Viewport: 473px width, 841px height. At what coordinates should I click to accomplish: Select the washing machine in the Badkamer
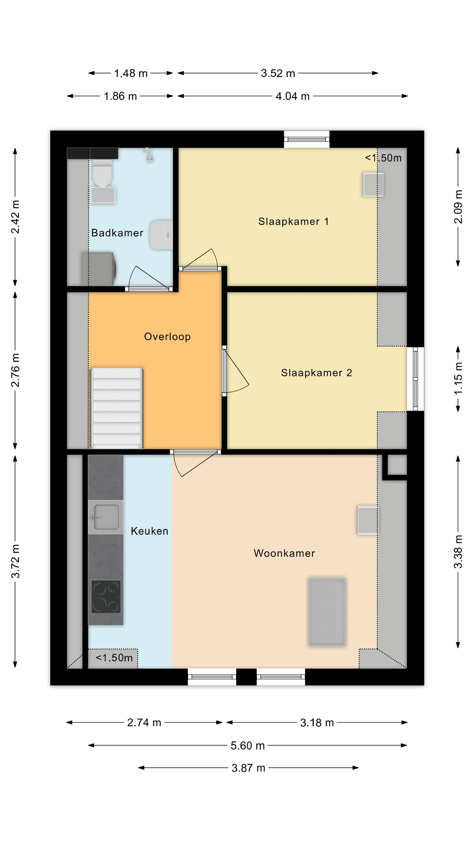[98, 269]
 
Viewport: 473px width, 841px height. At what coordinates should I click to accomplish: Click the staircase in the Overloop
[117, 408]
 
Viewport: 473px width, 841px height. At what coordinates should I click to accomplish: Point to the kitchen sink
[105, 517]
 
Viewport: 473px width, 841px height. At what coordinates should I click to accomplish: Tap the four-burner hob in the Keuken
[106, 596]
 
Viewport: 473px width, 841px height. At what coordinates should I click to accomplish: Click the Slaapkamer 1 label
[293, 221]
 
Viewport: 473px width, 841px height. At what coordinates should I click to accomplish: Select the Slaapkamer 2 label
[317, 373]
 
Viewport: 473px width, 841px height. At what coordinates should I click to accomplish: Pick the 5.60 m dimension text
[247, 745]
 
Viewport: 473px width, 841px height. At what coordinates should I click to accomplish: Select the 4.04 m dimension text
[293, 96]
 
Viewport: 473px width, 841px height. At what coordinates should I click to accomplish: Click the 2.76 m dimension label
[15, 370]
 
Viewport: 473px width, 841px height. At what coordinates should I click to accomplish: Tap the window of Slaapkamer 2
[415, 379]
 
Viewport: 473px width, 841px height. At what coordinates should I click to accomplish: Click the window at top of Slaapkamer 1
[307, 139]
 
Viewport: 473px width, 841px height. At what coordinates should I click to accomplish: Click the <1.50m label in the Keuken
[114, 657]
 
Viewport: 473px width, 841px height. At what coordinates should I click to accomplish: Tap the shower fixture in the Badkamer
[149, 154]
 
